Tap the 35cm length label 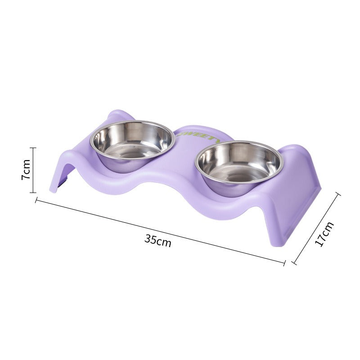(157, 240)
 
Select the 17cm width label (324, 234)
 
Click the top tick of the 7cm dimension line (33, 148)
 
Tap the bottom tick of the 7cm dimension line (33, 192)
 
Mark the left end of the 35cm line (36, 200)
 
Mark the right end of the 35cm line (284, 262)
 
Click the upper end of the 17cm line (338, 194)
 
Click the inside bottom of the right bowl (239, 173)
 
